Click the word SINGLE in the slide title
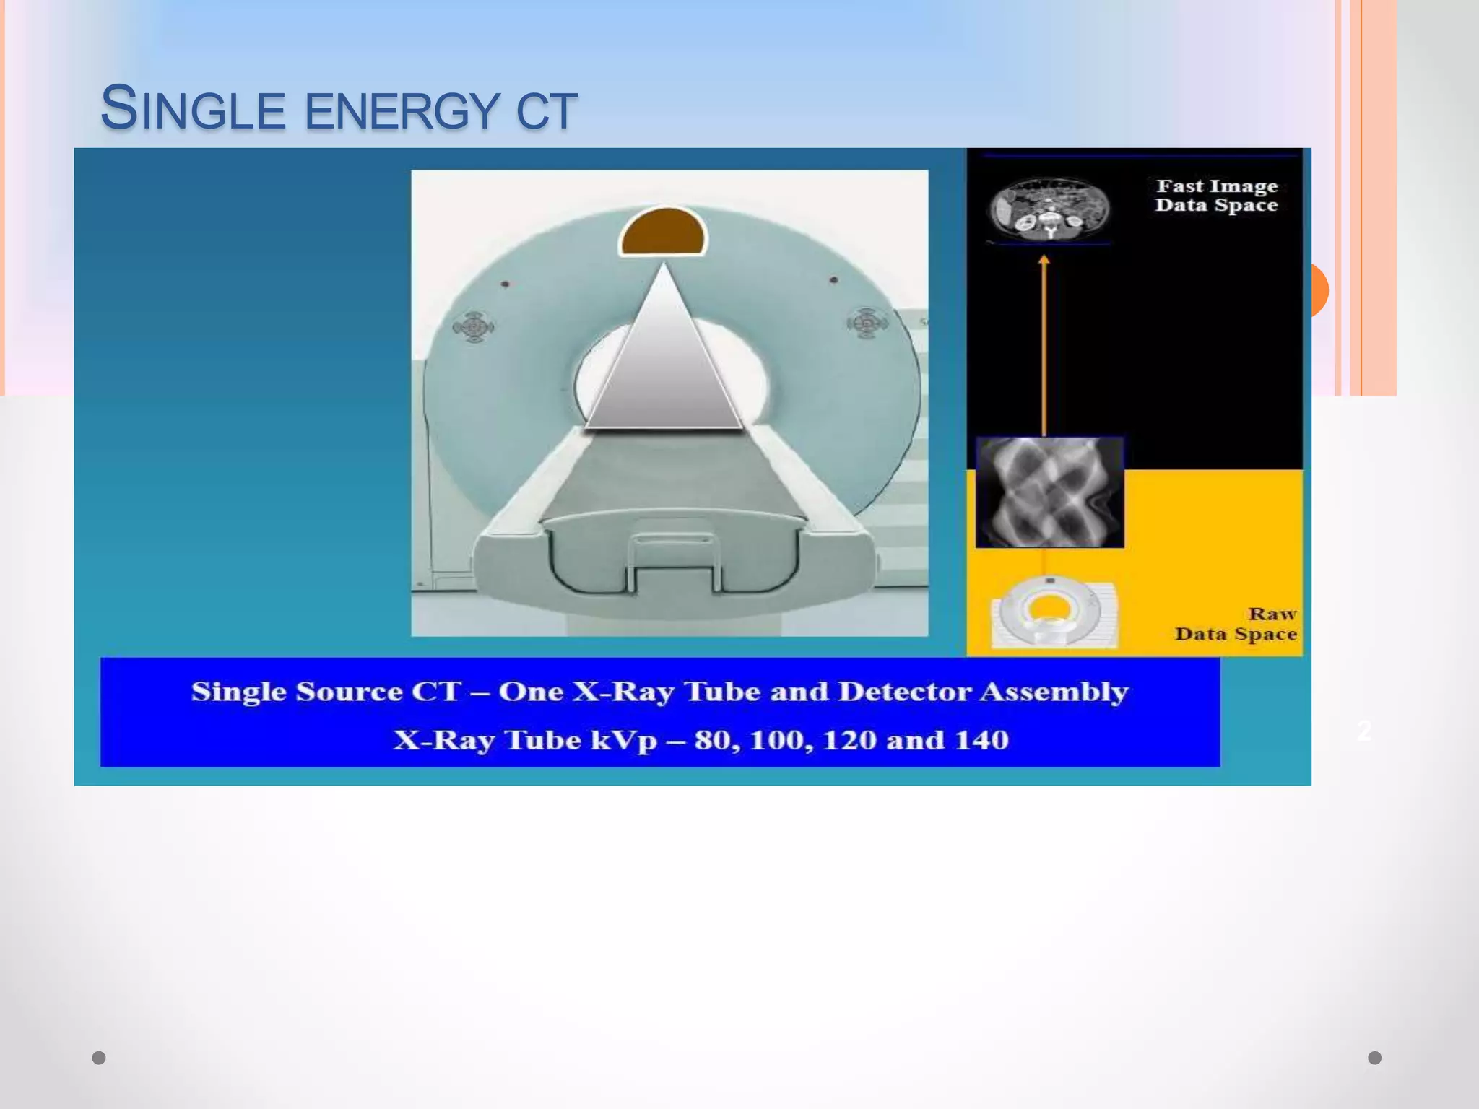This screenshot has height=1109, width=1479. [193, 110]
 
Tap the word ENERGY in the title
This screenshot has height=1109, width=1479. [402, 112]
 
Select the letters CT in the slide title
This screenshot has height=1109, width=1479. [546, 112]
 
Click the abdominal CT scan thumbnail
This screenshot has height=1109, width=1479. [1049, 209]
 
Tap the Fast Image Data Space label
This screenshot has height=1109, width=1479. [1217, 196]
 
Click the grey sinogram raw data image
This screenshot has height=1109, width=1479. [1049, 492]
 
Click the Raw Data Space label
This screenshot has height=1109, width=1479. [1236, 624]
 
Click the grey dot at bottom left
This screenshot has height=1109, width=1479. [99, 1058]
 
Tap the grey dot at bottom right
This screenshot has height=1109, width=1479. [1375, 1058]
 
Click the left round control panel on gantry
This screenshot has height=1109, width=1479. [474, 326]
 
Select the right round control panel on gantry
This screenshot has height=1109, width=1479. [867, 323]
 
